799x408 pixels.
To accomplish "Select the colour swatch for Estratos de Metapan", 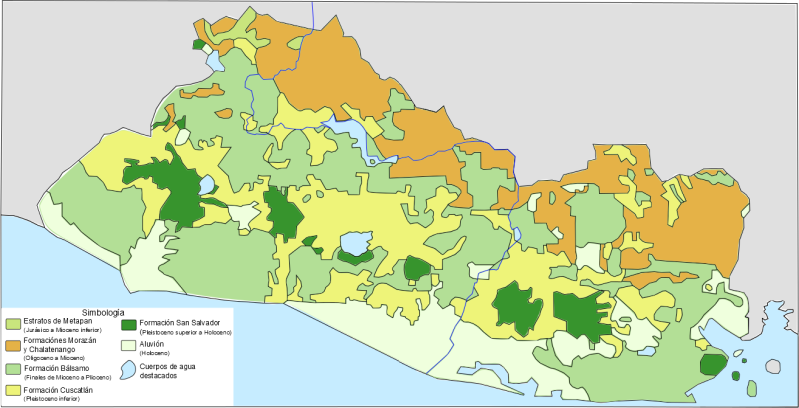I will (13, 324).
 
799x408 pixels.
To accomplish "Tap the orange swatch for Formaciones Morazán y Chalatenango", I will (13, 345).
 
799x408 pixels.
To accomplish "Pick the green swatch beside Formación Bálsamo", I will (13, 370).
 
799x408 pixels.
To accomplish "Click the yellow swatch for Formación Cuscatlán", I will (13, 392).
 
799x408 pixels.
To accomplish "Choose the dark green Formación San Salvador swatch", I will (128, 324).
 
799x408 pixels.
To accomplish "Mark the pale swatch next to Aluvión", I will (128, 346).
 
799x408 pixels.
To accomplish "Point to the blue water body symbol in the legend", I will (128, 370).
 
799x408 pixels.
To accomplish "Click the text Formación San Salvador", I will (179, 322).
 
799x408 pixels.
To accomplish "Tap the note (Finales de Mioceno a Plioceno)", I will (61, 377).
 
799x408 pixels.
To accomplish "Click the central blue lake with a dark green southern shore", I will (354, 243).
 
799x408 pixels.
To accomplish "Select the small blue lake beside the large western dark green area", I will (206, 185).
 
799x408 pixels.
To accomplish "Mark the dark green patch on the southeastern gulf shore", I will (712, 364).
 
